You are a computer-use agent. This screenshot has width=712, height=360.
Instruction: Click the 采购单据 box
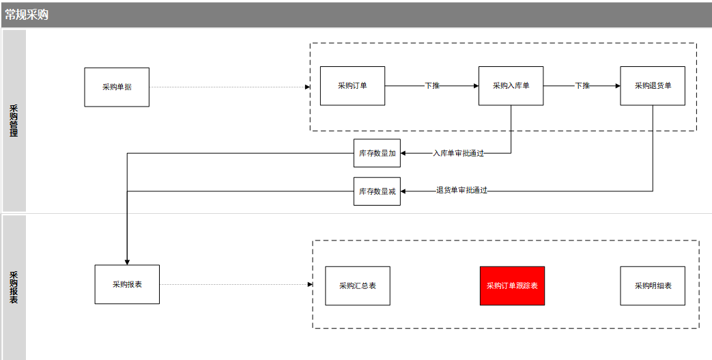(x=117, y=87)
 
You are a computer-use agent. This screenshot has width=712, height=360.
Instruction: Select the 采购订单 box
(x=352, y=86)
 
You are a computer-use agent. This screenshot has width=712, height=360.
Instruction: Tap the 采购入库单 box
(x=511, y=86)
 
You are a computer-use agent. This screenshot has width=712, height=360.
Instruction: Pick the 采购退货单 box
(x=653, y=86)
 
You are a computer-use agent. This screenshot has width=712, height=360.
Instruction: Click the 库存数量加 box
(x=377, y=153)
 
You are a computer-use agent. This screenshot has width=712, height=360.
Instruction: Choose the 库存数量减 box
(x=377, y=191)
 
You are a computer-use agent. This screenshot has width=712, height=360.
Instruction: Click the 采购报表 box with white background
(x=127, y=285)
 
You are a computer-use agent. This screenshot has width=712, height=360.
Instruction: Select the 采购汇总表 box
(x=358, y=286)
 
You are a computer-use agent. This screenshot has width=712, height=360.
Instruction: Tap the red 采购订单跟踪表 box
(x=512, y=286)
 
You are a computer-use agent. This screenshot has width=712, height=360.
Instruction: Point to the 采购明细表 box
(x=653, y=286)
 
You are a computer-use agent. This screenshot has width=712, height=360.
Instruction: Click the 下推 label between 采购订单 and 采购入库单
(x=432, y=85)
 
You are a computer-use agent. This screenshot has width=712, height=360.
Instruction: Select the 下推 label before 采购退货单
(x=582, y=85)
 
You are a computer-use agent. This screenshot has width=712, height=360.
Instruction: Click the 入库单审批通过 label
(x=458, y=154)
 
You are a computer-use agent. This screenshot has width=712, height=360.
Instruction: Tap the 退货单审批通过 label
(x=461, y=191)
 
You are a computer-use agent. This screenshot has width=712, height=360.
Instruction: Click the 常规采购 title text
(x=27, y=15)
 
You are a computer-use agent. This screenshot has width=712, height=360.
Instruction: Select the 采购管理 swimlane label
(x=14, y=121)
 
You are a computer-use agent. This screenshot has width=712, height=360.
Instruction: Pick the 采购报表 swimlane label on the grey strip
(x=14, y=288)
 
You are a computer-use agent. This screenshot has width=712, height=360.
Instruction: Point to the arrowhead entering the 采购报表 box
(x=127, y=262)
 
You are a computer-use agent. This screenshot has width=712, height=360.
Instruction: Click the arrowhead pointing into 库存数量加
(x=403, y=153)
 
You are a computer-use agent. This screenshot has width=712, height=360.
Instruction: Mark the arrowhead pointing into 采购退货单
(x=618, y=86)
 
